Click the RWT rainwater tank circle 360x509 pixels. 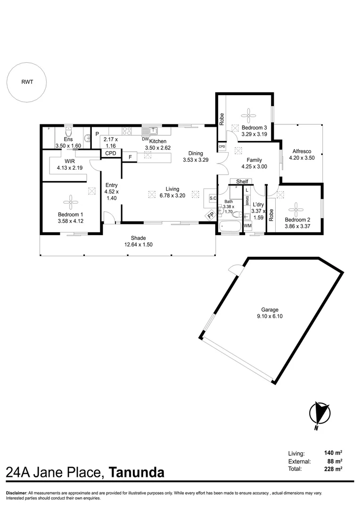coord(27,82)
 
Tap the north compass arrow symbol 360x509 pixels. coord(319,413)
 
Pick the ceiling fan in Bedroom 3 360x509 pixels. coord(248,115)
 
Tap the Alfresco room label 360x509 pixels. coord(301,155)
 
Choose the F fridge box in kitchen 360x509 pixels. coord(130,156)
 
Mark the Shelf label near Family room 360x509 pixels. coord(242,181)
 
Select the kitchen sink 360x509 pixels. coord(151,131)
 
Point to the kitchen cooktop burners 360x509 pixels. coord(127,131)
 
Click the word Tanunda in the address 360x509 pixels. coord(137,472)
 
